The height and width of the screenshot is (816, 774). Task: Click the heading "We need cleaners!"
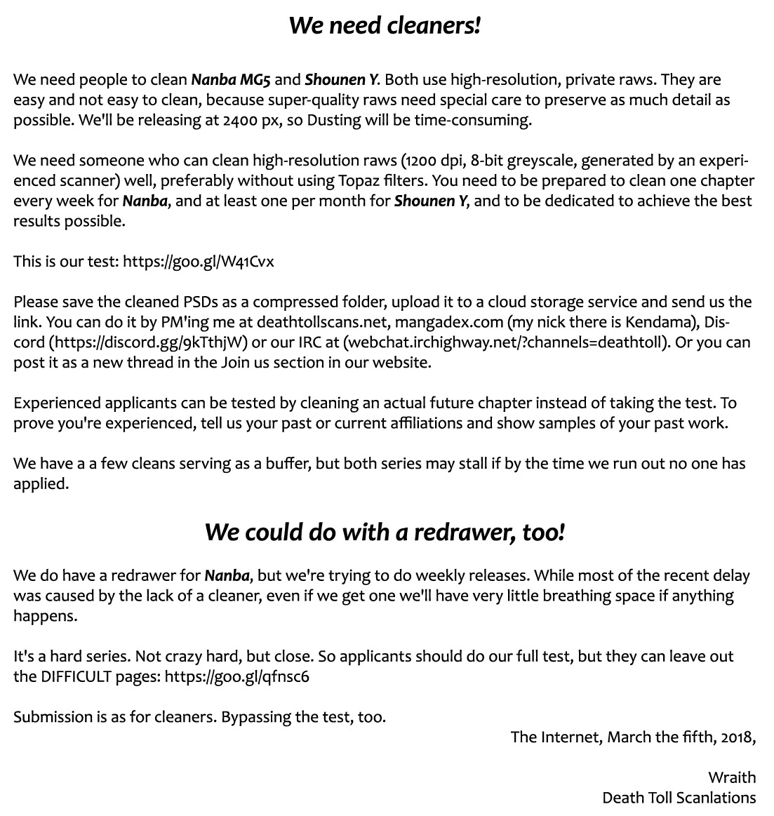(385, 25)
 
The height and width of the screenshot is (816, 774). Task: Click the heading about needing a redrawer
(385, 532)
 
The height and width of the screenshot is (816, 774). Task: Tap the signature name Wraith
(732, 777)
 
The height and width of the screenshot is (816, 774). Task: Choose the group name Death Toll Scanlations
(679, 798)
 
